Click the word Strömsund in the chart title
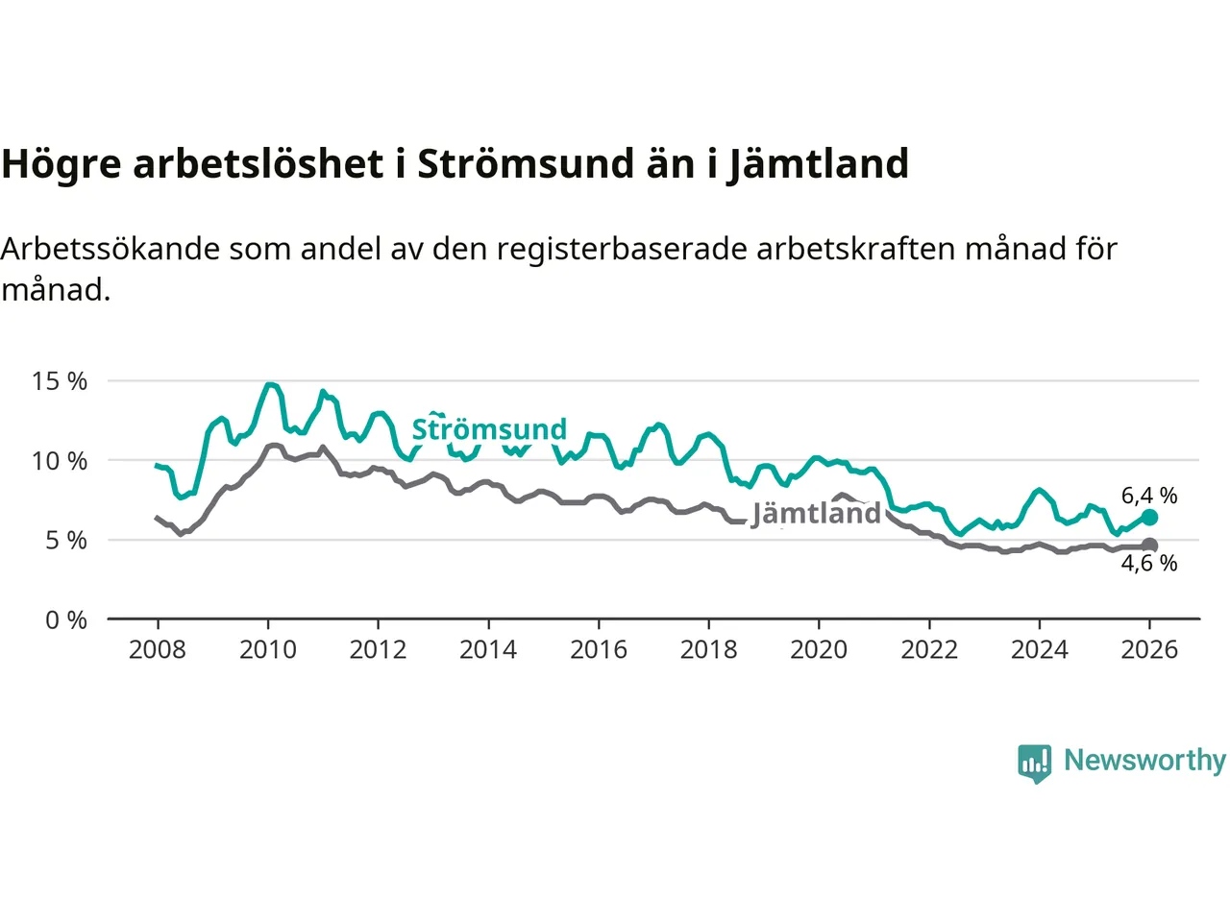coord(525,164)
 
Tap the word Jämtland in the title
coord(818,164)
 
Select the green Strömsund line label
coord(489,429)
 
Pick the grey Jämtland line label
coord(816,514)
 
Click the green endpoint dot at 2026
coord(1149,518)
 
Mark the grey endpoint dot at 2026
coord(1149,546)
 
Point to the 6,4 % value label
coord(1149,496)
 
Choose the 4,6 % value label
coord(1149,564)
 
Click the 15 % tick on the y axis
coord(60,381)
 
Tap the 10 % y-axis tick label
coord(60,461)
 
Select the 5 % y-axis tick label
coord(66,541)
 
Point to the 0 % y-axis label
coord(66,620)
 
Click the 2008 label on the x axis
coord(158,650)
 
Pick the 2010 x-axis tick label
coord(268,650)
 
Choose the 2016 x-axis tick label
coord(599,650)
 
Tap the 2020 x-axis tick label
coord(819,650)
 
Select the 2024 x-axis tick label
coord(1040,650)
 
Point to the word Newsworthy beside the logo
coord(1144,761)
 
